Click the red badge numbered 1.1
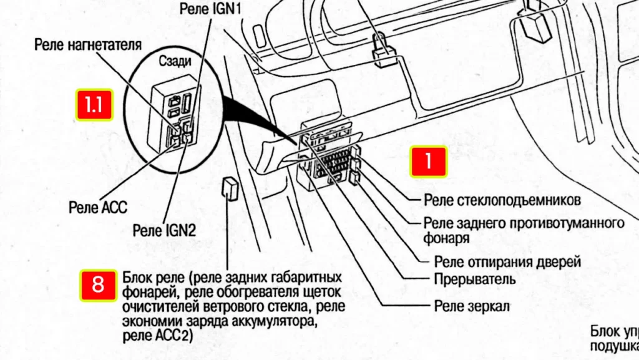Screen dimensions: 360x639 [x=94, y=105]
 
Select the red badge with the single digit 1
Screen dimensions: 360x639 [x=428, y=162]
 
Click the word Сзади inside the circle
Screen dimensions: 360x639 [x=175, y=61]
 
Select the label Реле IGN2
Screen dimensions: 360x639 [x=164, y=230]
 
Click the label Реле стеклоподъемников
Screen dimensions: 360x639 [x=502, y=200]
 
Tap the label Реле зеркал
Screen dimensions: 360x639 [x=472, y=306]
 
